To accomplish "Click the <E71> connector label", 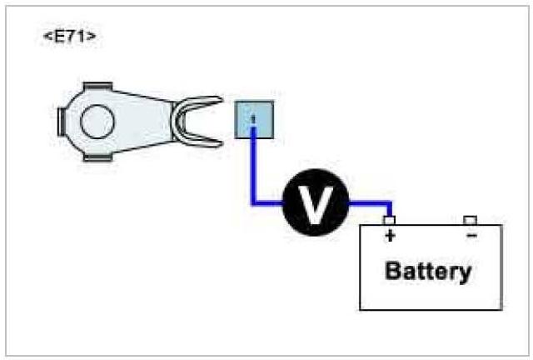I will tap(68, 37).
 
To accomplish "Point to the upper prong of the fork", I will tap(200, 103).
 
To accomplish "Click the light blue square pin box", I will tap(253, 119).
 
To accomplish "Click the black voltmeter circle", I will tap(315, 202).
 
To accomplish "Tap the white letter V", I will tap(315, 203).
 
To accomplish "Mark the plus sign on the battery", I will tap(389, 237).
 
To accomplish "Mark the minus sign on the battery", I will tap(471, 237).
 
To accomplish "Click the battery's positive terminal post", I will tap(389, 221).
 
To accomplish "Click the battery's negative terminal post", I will tap(471, 221).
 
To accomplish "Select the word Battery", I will tap(428, 272).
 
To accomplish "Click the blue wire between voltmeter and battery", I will tap(370, 202).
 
